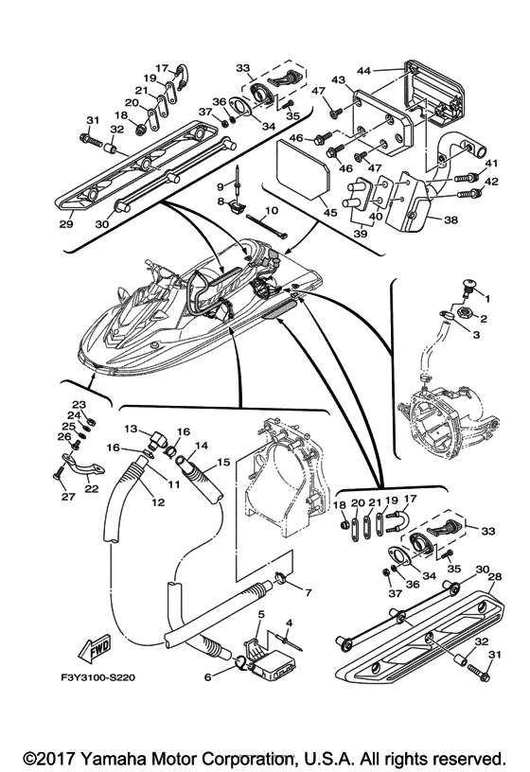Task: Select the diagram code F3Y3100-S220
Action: (x=95, y=678)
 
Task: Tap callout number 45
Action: (x=329, y=213)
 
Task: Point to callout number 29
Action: (x=66, y=224)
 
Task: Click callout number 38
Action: (x=451, y=219)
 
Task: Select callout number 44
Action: (x=364, y=71)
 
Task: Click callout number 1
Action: (x=487, y=298)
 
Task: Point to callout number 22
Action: (x=92, y=488)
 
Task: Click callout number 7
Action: (x=309, y=593)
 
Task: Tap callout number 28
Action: (x=494, y=576)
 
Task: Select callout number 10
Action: (x=271, y=210)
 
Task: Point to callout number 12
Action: (x=158, y=502)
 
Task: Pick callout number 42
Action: (x=491, y=182)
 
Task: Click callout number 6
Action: (x=207, y=677)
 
